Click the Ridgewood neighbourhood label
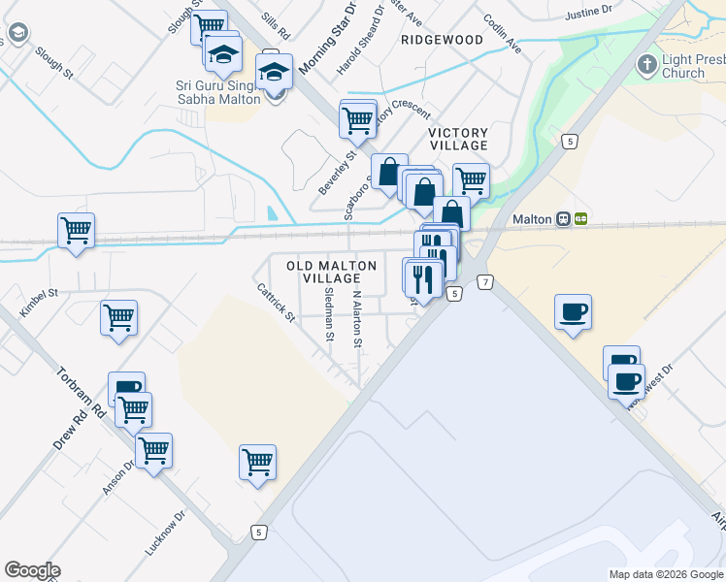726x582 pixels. click(441, 40)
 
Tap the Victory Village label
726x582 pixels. click(459, 138)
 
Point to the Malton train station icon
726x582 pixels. click(564, 219)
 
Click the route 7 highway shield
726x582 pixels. click(485, 281)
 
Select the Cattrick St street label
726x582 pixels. click(276, 301)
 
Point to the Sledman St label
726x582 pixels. click(330, 315)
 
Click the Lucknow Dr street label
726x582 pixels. click(165, 533)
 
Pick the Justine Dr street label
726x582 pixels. click(589, 15)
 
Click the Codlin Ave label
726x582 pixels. click(502, 33)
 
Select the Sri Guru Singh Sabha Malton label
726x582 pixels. click(218, 92)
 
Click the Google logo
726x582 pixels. click(32, 570)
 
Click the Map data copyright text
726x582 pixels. click(665, 574)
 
